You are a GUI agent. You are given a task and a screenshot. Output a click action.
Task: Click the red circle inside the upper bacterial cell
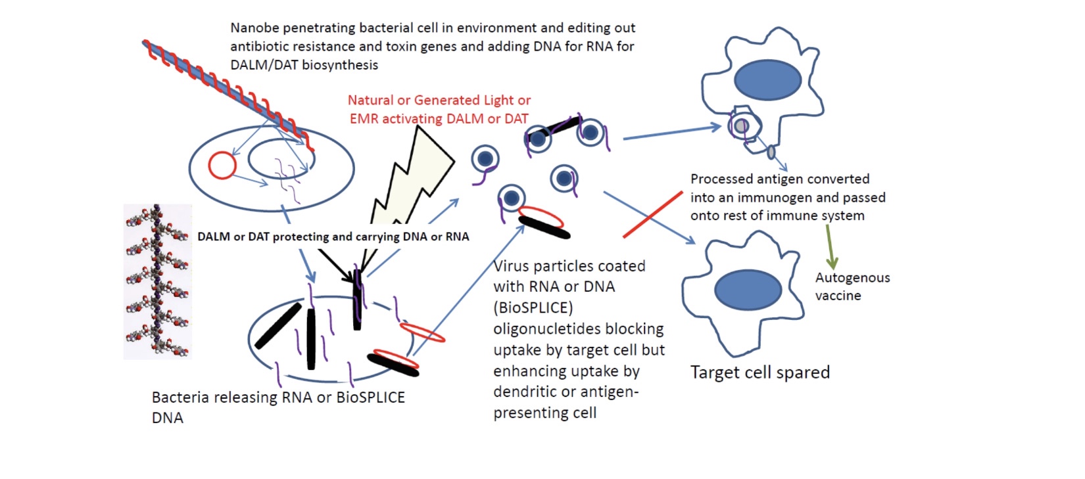pos(222,166)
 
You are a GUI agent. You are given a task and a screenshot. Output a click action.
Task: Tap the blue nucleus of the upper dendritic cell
pos(767,80)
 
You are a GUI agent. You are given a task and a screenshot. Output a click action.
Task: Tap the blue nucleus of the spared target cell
pos(748,290)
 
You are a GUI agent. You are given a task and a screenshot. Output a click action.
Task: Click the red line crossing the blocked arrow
pos(652,214)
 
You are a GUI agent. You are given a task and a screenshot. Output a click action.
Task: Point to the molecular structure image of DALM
pos(157,281)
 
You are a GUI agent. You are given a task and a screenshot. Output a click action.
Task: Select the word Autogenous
pos(852,278)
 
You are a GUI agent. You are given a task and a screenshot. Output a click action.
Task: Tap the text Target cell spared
pos(759,373)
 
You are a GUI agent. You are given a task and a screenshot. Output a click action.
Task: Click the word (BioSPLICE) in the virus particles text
pos(533,308)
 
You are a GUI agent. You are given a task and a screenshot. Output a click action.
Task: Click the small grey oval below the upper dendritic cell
pos(771,152)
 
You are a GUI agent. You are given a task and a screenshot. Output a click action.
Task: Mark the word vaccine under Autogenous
pos(838,296)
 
